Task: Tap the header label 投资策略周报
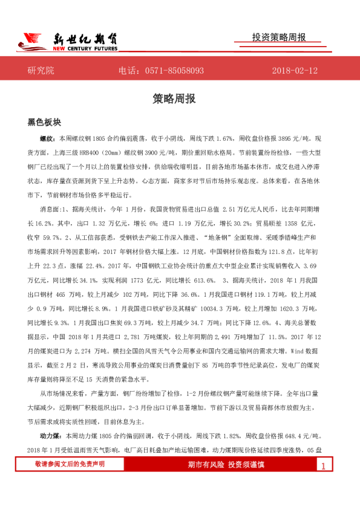coord(279,37)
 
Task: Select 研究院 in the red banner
coord(41,71)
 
